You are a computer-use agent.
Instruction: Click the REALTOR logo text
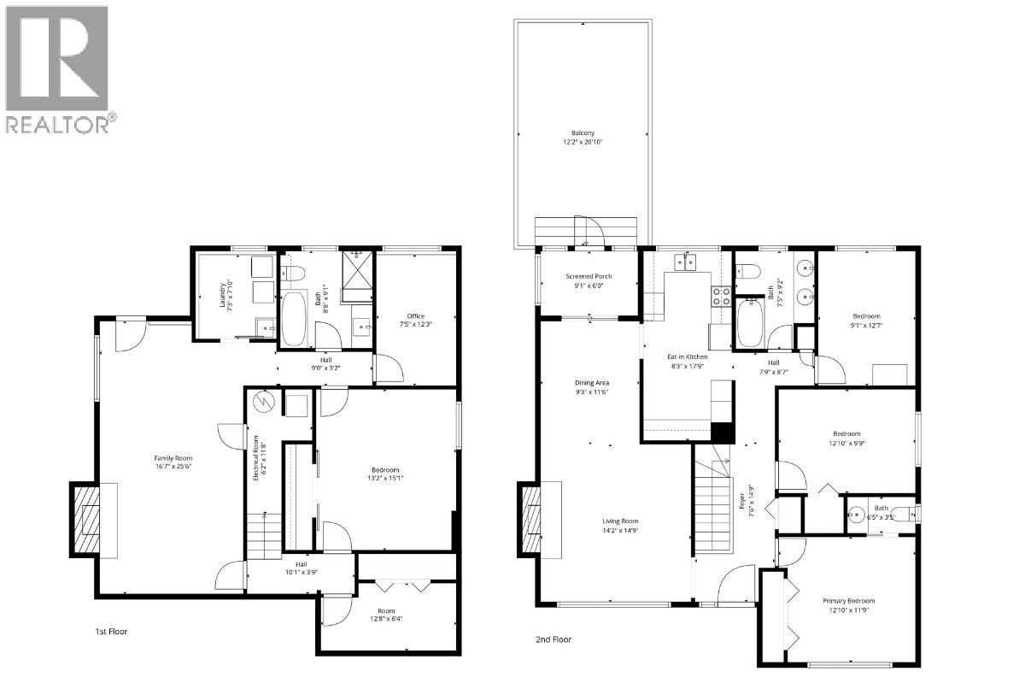click(58, 125)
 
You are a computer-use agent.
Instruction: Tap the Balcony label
click(583, 137)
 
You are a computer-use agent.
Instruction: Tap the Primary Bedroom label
click(848, 605)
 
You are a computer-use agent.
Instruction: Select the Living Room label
click(619, 526)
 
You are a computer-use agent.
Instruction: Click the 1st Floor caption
click(112, 631)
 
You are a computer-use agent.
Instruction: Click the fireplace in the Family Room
click(86, 518)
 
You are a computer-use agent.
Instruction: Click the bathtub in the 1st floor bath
click(295, 319)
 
